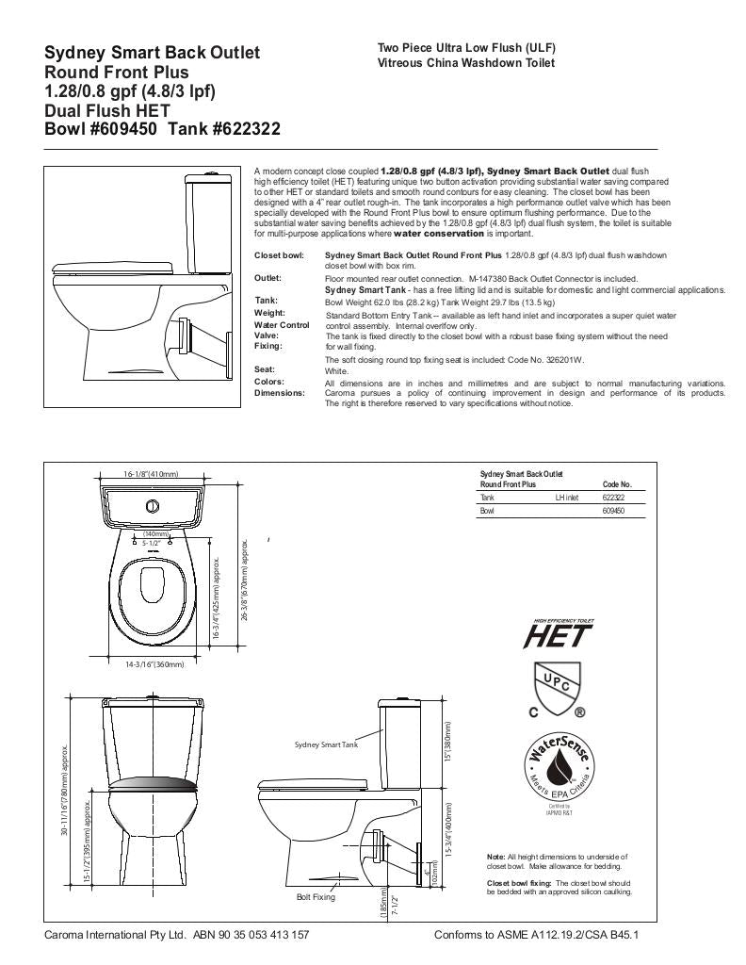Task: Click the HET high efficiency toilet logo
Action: point(558,635)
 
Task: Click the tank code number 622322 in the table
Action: point(613,498)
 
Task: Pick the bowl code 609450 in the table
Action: point(613,511)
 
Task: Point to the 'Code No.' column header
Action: point(616,484)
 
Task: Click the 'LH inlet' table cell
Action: point(566,498)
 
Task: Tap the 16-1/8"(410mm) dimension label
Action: point(151,474)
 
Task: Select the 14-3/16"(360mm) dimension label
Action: point(155,664)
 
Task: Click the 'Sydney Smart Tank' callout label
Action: point(326,744)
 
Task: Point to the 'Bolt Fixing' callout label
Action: point(316,897)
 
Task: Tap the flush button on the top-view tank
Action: point(151,506)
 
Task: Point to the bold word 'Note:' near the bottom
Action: point(495,856)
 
